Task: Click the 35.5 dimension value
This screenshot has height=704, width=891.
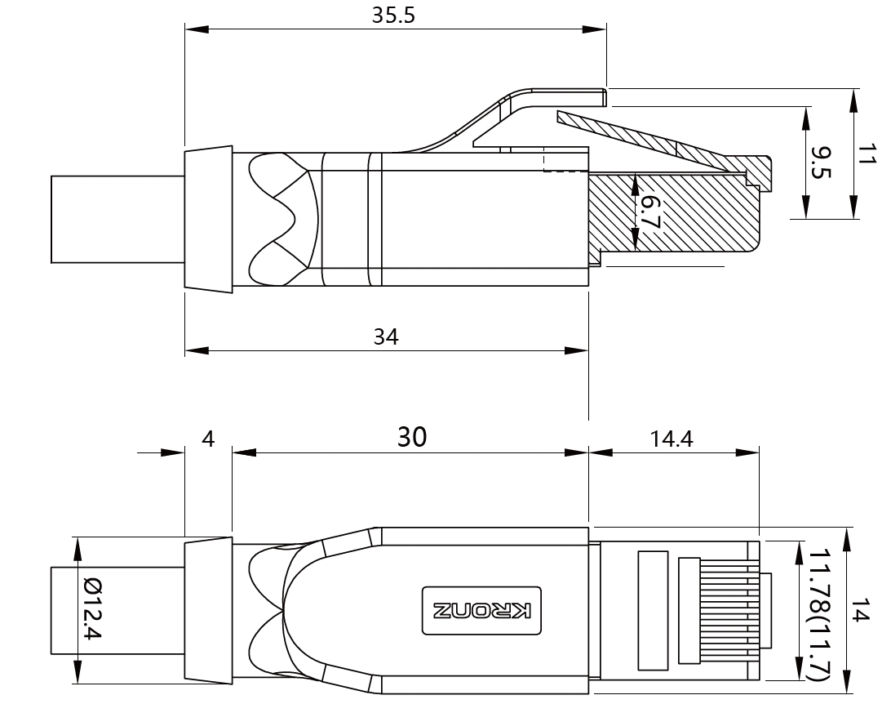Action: coord(394,16)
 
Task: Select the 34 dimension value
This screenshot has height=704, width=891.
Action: coord(386,336)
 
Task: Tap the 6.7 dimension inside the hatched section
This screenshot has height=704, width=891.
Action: coord(647,211)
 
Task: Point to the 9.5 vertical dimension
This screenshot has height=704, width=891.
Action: coord(819,163)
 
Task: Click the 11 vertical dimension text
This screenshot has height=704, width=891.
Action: coord(867,154)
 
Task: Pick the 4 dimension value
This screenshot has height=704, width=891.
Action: coord(208,439)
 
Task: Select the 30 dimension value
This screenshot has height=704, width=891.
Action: coord(411,438)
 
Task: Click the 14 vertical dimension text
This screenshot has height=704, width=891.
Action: coord(867,610)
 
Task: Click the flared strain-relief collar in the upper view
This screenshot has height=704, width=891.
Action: coord(208,219)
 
